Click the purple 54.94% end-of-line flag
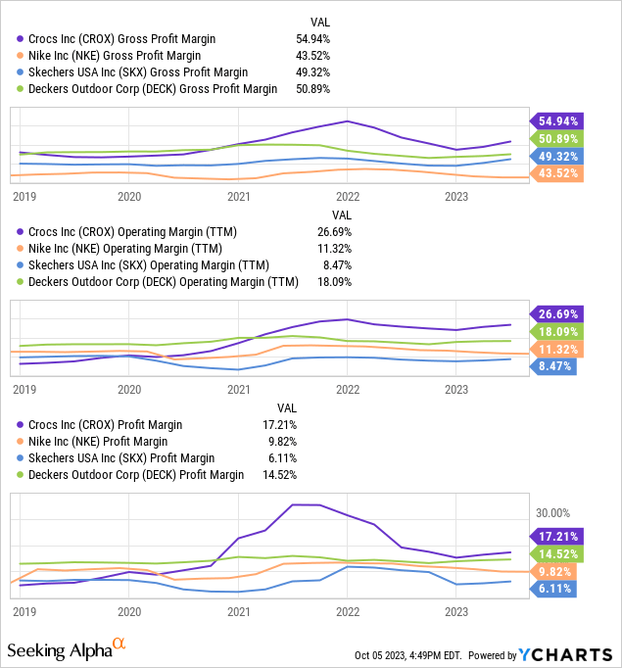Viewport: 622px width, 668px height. [x=558, y=120]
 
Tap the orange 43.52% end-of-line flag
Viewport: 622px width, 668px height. [x=558, y=173]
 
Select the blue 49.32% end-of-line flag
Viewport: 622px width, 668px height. [x=558, y=156]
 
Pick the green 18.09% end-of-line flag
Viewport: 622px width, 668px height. [x=558, y=332]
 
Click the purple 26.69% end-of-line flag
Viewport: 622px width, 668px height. [x=558, y=314]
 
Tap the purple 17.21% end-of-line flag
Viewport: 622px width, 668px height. [x=558, y=536]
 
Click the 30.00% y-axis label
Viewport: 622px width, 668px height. [x=554, y=513]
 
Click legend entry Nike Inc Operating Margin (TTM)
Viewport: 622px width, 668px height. [x=128, y=249]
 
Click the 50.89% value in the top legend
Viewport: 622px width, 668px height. [x=313, y=89]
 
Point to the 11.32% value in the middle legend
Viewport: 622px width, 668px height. [x=334, y=249]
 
